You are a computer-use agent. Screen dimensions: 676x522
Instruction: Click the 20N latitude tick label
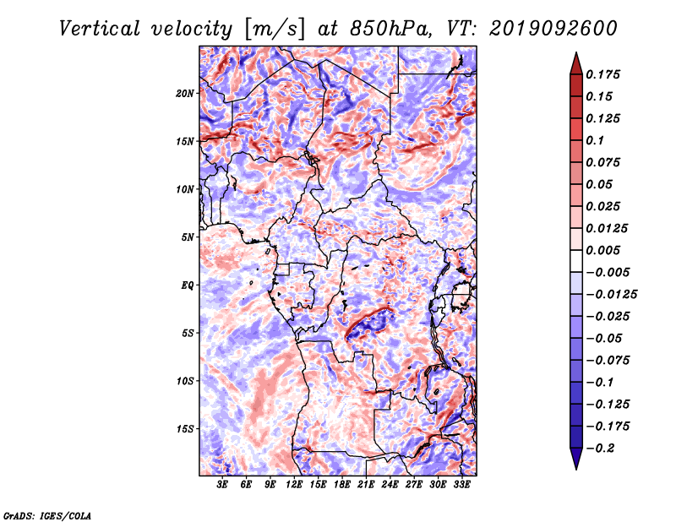point(184,94)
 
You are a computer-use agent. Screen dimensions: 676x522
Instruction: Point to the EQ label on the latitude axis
point(188,285)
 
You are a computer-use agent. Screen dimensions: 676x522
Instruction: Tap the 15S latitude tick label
point(184,429)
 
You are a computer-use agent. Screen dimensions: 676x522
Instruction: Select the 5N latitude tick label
point(187,237)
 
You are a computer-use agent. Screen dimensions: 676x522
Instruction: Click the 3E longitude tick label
point(222,485)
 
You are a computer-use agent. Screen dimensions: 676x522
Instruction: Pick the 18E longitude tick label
point(342,485)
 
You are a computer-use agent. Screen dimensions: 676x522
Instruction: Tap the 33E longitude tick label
point(461,485)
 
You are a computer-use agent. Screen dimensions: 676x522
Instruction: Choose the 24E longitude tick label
point(390,485)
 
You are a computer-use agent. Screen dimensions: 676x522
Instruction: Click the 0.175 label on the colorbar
point(602,74)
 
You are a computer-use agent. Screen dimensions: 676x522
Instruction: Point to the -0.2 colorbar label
point(600,449)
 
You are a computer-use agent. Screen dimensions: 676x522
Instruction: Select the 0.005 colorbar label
point(602,250)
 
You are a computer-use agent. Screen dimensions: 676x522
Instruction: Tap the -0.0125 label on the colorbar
point(611,295)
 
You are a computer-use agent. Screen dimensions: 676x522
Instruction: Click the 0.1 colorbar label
point(595,140)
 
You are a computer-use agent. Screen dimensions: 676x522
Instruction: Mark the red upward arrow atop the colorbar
point(576,64)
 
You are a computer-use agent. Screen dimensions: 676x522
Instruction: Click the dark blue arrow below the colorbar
point(576,459)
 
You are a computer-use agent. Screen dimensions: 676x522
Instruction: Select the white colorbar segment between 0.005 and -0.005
point(576,261)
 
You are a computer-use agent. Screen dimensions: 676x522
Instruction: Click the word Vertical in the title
point(100,29)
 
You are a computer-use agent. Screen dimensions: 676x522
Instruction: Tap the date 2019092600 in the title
point(553,29)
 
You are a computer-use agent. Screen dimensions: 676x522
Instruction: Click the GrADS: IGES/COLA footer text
point(47,516)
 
